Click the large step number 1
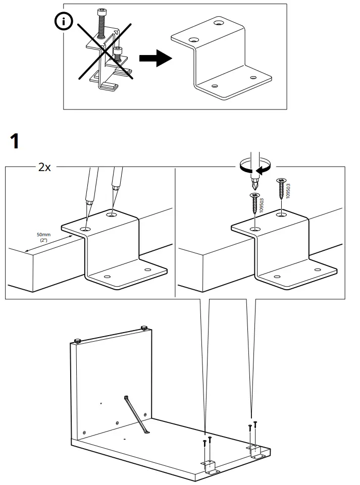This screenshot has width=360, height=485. click(16, 141)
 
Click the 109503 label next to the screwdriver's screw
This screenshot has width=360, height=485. click(263, 205)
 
